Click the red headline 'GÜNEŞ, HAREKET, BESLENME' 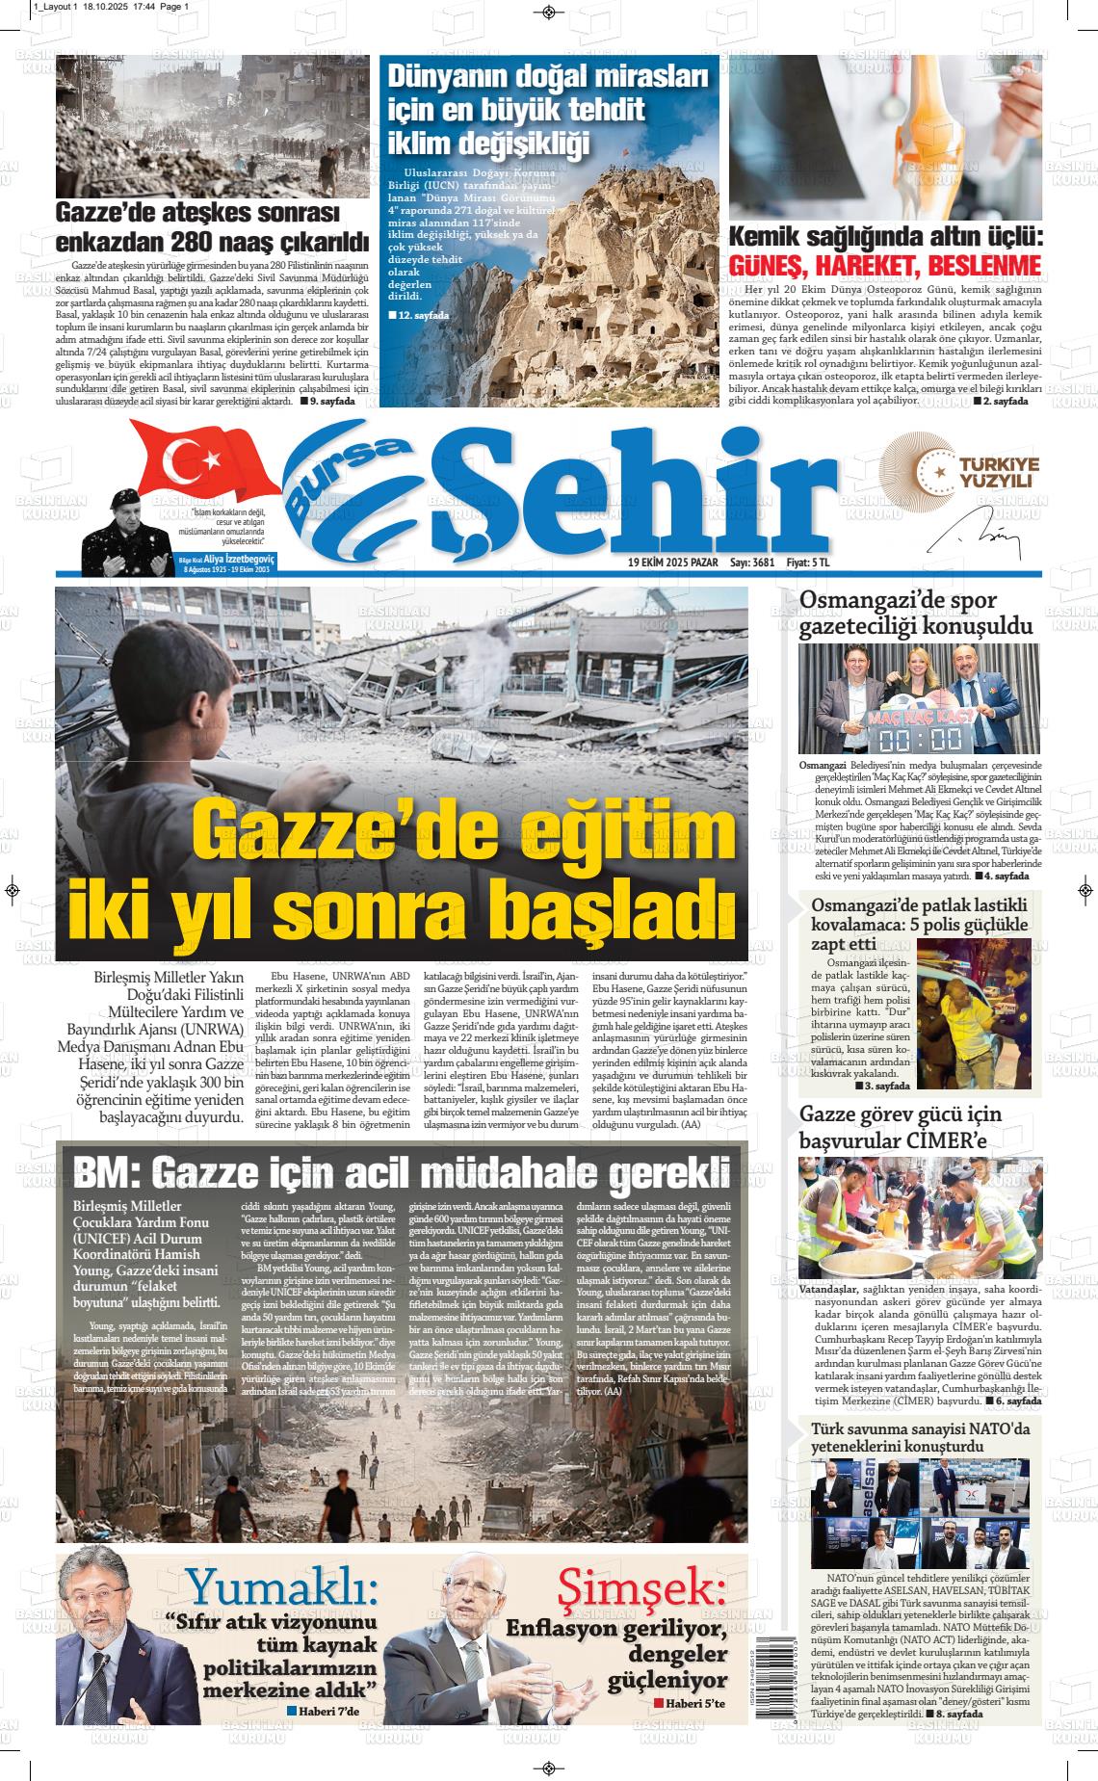[x=885, y=266]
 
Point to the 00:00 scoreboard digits [x=907, y=738]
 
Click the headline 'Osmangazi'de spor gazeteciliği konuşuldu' [x=915, y=614]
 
